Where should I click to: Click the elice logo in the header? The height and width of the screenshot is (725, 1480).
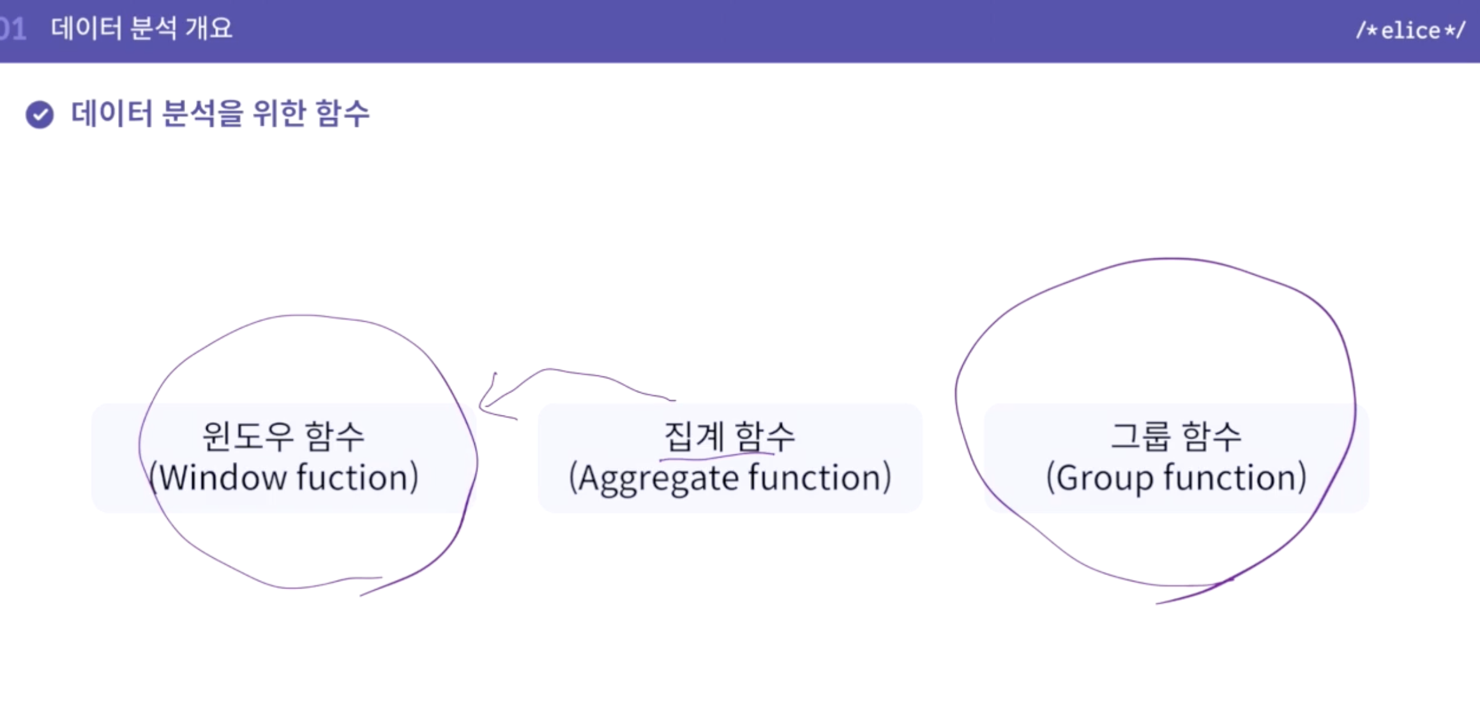click(1410, 30)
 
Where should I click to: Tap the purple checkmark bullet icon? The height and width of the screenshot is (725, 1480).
click(40, 115)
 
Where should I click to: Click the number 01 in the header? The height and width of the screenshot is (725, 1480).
click(13, 29)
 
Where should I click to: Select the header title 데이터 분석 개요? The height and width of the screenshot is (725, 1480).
click(141, 29)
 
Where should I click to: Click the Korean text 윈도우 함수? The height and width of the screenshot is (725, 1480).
click(283, 437)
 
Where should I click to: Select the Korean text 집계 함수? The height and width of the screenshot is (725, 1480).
click(729, 437)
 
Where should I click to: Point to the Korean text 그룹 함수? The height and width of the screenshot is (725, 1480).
click(1176, 437)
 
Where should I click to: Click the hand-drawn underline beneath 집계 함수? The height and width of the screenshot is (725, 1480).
click(715, 455)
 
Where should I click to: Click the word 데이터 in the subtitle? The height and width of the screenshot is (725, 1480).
click(112, 114)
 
